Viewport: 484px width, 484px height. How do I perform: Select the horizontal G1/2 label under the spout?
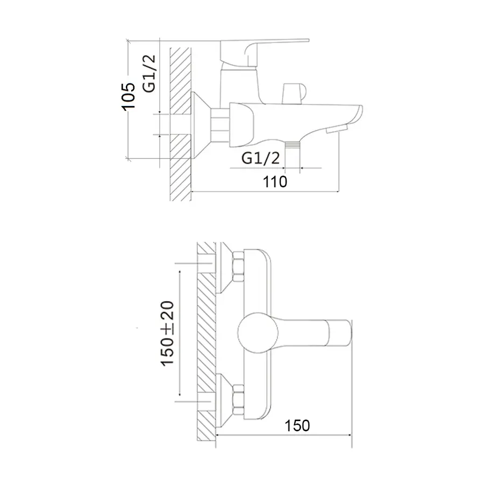click(261, 158)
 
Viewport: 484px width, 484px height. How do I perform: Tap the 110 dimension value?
click(275, 182)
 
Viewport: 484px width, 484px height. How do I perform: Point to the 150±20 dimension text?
click(168, 334)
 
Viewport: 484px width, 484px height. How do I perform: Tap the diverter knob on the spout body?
click(293, 92)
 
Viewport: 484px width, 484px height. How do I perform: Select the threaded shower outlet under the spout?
click(291, 146)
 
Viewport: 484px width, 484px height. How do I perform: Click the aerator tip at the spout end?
click(338, 129)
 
